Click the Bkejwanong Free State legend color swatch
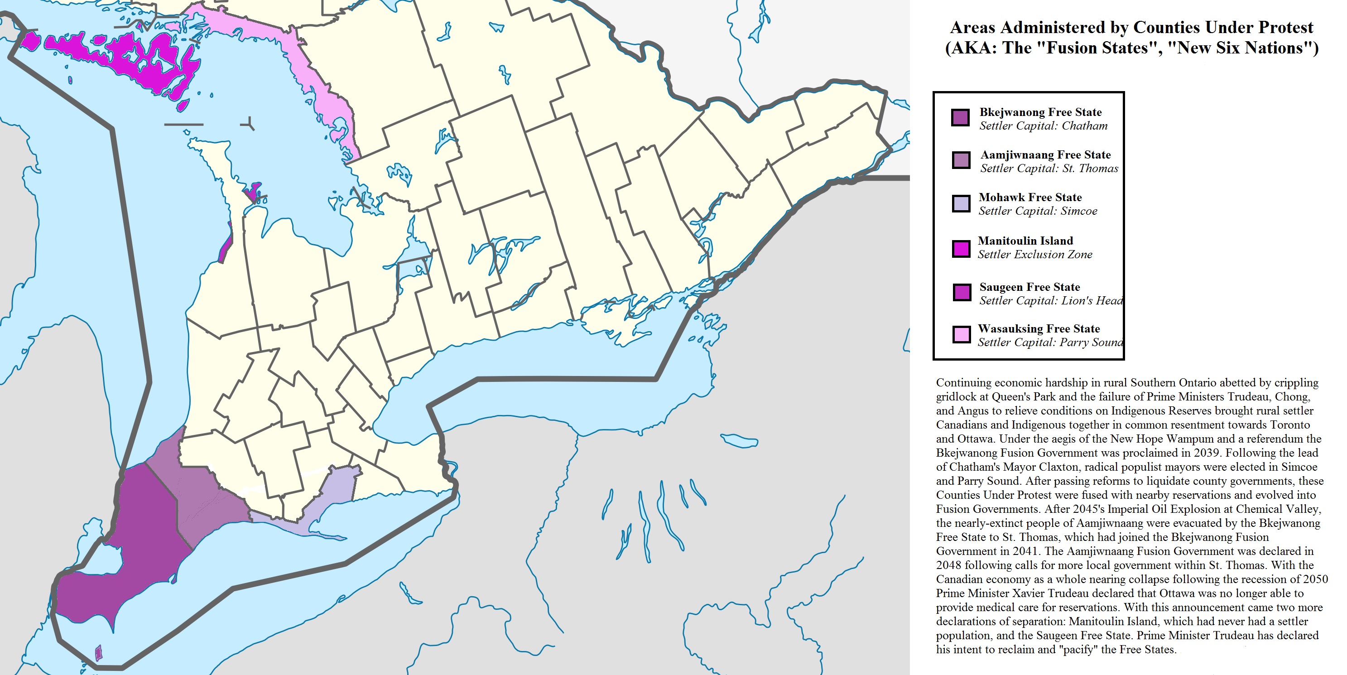(960, 118)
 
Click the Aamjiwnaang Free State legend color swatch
(961, 160)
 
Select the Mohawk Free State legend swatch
(961, 203)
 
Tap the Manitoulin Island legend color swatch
(961, 248)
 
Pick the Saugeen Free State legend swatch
(961, 292)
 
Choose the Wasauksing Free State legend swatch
(961, 334)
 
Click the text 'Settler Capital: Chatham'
(1043, 126)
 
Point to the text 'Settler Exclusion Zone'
(1035, 255)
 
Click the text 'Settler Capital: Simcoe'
(1038, 211)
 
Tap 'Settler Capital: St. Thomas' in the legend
(1049, 169)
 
